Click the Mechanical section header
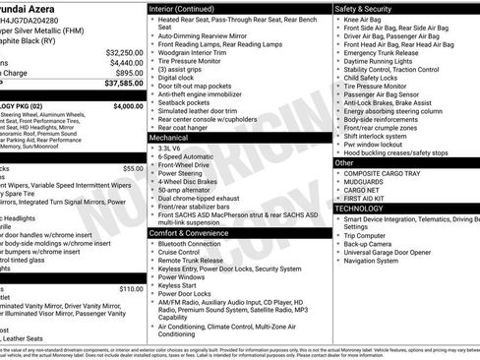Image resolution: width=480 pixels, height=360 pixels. [x=168, y=139]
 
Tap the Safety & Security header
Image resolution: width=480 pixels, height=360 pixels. [x=367, y=8]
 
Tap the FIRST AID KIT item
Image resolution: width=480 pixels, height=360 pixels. [x=367, y=198]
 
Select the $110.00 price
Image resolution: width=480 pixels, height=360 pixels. [x=131, y=289]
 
